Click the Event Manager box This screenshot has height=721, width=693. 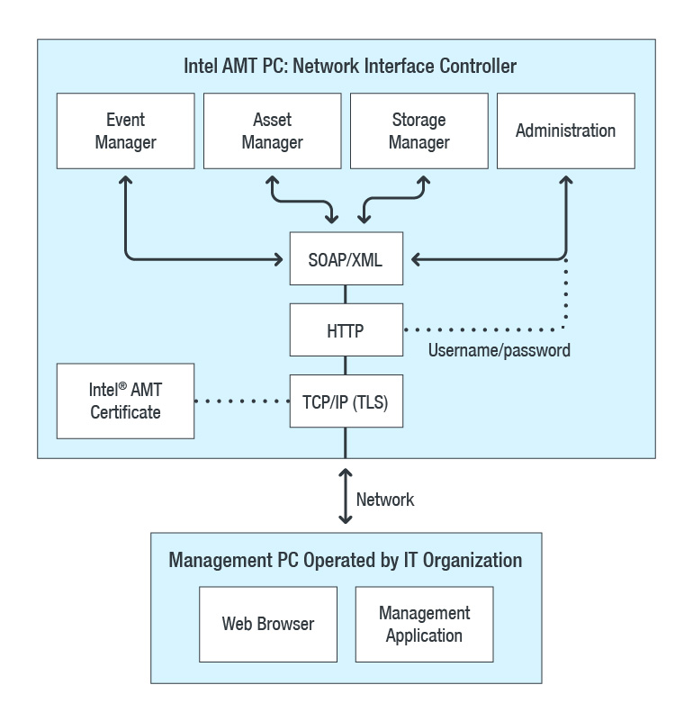[x=125, y=131]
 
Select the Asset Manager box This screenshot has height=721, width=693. [x=272, y=131]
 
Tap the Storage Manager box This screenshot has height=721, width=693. [x=418, y=131]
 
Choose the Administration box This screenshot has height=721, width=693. [x=565, y=131]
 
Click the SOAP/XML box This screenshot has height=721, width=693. [x=346, y=259]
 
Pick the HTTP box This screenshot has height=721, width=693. [x=346, y=330]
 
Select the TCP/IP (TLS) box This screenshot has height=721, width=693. [x=346, y=401]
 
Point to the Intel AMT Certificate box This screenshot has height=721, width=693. [x=125, y=401]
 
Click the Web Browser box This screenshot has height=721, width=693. [x=267, y=623]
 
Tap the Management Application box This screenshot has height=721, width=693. [x=424, y=623]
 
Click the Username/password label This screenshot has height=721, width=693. [x=499, y=350]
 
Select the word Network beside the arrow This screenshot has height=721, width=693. [x=385, y=500]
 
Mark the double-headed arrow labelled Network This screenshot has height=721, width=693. [x=345, y=495]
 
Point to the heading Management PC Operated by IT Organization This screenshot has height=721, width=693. [x=345, y=560]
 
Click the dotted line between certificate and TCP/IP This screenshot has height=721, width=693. [x=241, y=401]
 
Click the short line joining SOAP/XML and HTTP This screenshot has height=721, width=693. [x=346, y=295]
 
